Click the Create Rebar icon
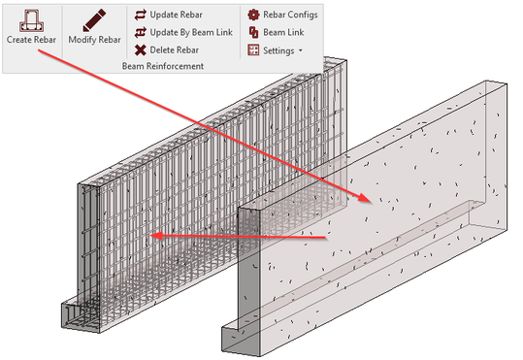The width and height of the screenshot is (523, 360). [31, 20]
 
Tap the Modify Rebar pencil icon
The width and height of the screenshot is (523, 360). [94, 20]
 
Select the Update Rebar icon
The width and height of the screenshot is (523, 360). [141, 15]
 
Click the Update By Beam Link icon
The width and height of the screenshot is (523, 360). [141, 32]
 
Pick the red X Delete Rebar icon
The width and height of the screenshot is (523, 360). [141, 50]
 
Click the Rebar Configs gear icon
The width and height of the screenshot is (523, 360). [253, 15]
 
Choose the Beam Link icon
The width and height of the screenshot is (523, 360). [253, 32]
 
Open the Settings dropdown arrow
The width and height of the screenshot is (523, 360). [301, 50]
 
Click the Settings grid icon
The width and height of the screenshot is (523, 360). [253, 50]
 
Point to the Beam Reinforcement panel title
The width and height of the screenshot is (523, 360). [163, 66]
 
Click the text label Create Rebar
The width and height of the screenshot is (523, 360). [31, 40]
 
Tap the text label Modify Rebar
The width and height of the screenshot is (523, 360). [94, 40]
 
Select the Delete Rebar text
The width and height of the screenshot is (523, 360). [175, 50]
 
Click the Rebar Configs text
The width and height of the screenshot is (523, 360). [290, 15]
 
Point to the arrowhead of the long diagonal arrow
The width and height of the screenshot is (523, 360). [365, 198]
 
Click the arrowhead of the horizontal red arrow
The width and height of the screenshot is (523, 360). [156, 236]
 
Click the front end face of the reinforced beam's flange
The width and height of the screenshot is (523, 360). [80, 317]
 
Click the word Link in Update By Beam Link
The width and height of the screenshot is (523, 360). [224, 32]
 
